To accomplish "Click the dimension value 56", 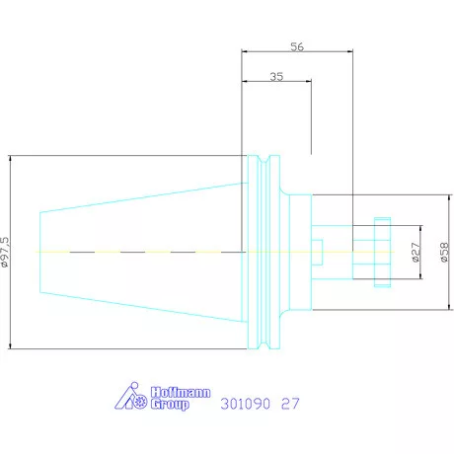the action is coord(297,46).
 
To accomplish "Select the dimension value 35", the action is coord(276,77).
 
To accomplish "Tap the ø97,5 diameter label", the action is coord(6,252).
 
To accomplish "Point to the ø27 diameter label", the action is coord(416,253).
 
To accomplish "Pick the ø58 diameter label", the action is coord(444,253).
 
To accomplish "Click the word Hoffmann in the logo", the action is coord(181,392).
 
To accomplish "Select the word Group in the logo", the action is coord(170,405).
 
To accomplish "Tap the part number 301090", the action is coord(246,404).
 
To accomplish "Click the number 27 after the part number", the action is coord(290,404).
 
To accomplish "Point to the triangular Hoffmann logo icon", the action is coord(130,396).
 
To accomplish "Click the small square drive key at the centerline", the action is coord(317,253).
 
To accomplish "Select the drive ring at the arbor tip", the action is coord(382,253).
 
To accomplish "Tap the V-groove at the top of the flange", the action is coord(264,159).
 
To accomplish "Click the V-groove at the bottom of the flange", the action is coord(264,344).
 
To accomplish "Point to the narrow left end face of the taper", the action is coord(39,253).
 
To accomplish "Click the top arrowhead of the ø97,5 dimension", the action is coord(10,158).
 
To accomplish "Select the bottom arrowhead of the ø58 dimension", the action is coord(450,307).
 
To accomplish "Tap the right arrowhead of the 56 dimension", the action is coord(350,51).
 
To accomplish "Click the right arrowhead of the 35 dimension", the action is coord(309,81).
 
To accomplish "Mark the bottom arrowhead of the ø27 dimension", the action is coord(420,276).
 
